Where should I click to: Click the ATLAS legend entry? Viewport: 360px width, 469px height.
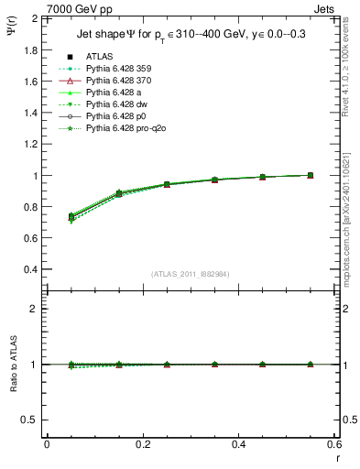[99, 57]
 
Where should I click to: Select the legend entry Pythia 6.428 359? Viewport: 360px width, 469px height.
[122, 69]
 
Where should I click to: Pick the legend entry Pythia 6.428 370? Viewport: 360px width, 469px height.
[122, 81]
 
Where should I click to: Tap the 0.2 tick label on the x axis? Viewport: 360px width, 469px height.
[142, 444]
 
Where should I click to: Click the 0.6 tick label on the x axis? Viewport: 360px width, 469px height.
[333, 444]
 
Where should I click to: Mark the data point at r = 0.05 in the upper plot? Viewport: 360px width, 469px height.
[71, 216]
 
